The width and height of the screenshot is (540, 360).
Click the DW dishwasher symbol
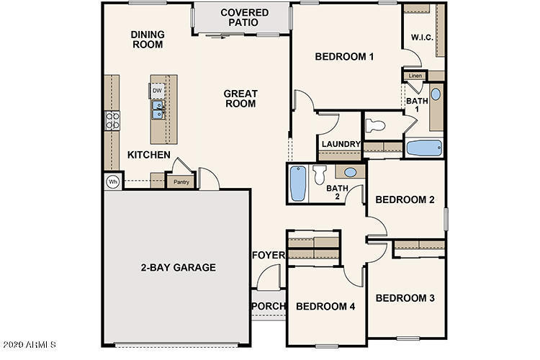pos(157,91)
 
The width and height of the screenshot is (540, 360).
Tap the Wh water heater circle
pos(112,181)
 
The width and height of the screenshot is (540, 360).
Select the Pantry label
pos(181,182)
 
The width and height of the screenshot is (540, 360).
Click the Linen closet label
pos(415,76)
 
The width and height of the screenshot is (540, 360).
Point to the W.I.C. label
pos(422,37)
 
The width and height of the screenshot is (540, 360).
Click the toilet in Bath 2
pos(320,174)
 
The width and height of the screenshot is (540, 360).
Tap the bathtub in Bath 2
pos(298,184)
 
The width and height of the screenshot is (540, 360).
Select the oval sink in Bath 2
pos(350,172)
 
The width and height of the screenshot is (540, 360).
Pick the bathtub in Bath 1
pos(424,148)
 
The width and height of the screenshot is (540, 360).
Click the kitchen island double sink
pos(158,109)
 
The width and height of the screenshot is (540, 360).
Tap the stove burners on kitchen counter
pos(112,120)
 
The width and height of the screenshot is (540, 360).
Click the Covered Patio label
pos(245,17)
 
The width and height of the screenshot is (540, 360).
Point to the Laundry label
pos(341,144)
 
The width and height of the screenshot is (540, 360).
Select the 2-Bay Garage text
pos(179,267)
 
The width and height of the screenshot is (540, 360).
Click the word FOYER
pos(269,255)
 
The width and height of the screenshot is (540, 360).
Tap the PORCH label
pos(269,306)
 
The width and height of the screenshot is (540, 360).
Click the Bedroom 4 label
pos(325,306)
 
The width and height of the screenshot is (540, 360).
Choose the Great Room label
pos(240,99)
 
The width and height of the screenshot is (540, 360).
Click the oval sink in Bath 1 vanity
pos(436,94)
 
